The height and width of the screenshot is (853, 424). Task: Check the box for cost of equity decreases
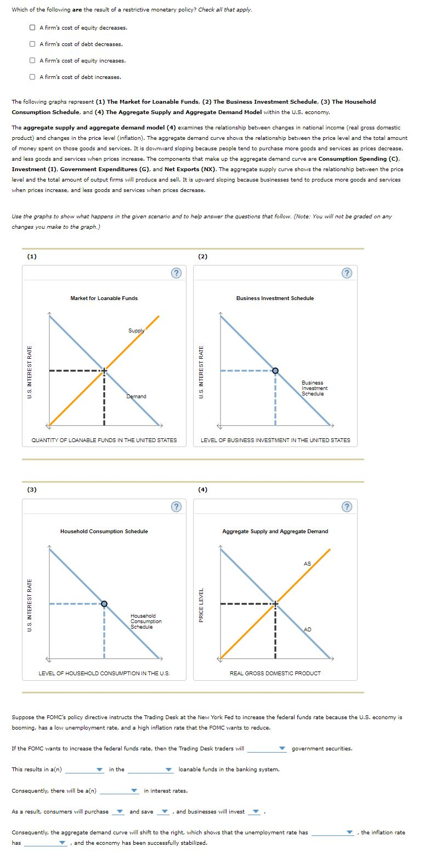[x=34, y=27]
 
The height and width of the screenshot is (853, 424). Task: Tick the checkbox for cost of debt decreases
[x=34, y=44]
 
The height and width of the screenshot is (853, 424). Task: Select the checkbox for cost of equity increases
[x=34, y=60]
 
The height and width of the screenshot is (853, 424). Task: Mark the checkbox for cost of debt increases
[x=34, y=77]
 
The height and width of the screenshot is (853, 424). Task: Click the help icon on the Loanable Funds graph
[x=176, y=273]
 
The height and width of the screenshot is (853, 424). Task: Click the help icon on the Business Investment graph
[x=347, y=273]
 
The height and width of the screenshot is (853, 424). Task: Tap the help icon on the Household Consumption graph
[x=176, y=506]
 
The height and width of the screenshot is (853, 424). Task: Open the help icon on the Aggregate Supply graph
[x=347, y=506]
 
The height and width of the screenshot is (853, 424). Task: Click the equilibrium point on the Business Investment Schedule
[x=275, y=371]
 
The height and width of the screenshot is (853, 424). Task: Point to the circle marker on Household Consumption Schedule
[x=104, y=604]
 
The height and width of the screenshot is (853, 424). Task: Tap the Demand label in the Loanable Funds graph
[x=136, y=396]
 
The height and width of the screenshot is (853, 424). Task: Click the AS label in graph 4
[x=307, y=564]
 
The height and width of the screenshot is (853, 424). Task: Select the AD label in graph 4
[x=307, y=629]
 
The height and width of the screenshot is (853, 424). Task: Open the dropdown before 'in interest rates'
[x=120, y=791]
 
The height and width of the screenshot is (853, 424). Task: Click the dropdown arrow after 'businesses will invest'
[x=255, y=812]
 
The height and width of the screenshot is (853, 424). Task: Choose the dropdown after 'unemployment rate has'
[x=332, y=833]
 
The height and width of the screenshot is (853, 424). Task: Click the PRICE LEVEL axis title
[x=201, y=605]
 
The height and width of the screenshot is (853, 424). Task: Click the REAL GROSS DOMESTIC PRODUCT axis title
[x=275, y=673]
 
